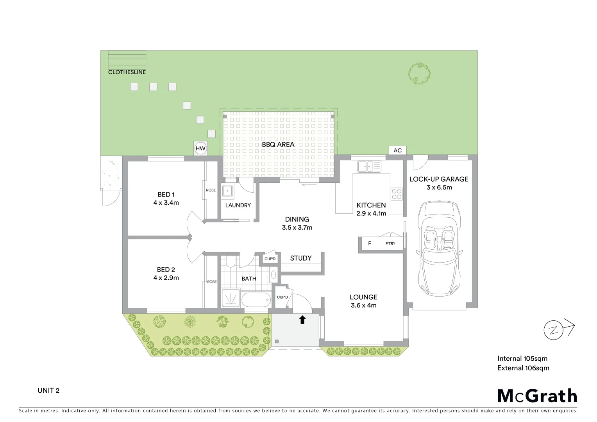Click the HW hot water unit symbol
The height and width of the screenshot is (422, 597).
[x=200, y=148]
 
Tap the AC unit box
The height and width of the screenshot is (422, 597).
[x=397, y=150]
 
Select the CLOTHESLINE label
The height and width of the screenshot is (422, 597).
[x=127, y=72]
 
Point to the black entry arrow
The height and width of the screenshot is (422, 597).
[x=302, y=320]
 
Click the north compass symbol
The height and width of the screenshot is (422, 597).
[x=554, y=331]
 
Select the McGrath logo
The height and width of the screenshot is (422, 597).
[x=537, y=396]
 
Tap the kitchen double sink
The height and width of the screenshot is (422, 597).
[x=369, y=166]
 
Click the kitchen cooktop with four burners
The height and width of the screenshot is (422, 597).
[x=397, y=194]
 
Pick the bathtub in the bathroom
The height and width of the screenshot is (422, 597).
[x=256, y=300]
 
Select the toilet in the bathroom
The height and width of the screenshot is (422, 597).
[x=231, y=261]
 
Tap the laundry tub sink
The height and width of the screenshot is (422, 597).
[x=227, y=191]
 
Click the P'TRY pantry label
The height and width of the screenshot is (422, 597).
[x=390, y=243]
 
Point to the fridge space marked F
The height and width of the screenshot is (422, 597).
[x=370, y=243]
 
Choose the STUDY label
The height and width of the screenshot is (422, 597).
[x=301, y=258]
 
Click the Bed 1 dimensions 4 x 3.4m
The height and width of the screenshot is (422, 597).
[x=166, y=203]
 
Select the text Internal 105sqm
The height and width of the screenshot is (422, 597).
[x=522, y=359]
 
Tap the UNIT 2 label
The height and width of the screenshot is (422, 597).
[x=48, y=391]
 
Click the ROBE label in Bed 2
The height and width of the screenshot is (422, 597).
[x=212, y=282]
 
